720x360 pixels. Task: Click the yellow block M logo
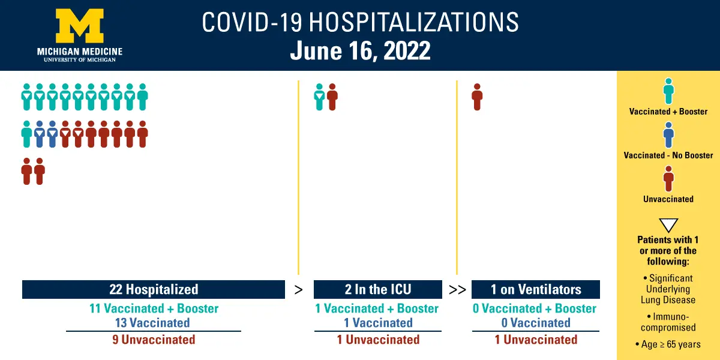coord(80,26)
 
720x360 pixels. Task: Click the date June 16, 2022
coord(360,50)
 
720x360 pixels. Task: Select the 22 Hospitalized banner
coord(154,289)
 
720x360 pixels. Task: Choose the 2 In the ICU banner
coord(377,289)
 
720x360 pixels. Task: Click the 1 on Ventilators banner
coord(535,289)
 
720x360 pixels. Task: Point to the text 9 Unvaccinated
coord(154,340)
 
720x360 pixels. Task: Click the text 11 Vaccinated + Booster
coord(154,308)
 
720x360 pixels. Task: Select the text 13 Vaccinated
coord(152,323)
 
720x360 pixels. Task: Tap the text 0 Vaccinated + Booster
coord(535,308)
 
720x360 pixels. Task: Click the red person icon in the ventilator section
coord(478,97)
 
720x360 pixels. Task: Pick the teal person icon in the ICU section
coord(319,97)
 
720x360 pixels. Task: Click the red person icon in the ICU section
coord(332,97)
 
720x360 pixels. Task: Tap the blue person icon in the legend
coord(668,134)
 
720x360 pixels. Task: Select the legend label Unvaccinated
coord(668,199)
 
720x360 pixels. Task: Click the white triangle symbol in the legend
coord(668,225)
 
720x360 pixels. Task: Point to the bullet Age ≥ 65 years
coord(668,344)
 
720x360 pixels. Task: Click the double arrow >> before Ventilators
coord(457,290)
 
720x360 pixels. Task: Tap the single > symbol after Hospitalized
coord(299,290)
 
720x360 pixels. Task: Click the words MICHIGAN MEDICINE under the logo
coord(80,52)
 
